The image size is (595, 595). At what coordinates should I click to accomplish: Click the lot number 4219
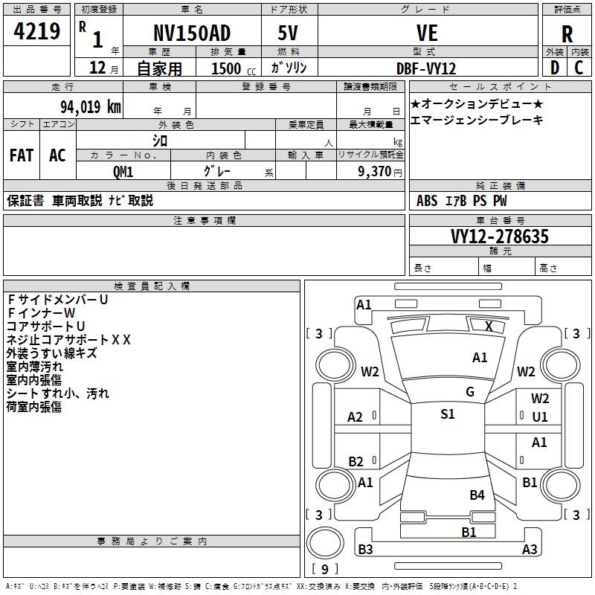pos(36,31)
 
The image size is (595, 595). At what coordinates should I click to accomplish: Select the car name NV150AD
pos(192,33)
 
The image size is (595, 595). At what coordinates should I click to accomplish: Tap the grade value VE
pos(427,33)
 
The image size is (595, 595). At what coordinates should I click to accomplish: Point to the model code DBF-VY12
pos(426,68)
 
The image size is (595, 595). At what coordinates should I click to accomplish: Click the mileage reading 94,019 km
pos(91,106)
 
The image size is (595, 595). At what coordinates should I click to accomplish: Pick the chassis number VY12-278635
pos(500,237)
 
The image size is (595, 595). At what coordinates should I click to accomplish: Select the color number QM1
pos(123,172)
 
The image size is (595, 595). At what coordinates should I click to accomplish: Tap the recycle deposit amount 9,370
pos(375,171)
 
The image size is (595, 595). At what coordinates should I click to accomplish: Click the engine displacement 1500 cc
pos(234,68)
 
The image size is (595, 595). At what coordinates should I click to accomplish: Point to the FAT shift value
pos(22,155)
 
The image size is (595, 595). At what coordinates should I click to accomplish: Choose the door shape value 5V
pos(288,33)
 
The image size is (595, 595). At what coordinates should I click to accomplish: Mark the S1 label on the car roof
pos(448,414)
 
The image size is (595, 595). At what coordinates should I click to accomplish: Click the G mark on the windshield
pos(470,392)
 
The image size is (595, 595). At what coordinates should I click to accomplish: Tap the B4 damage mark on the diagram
pos(477,495)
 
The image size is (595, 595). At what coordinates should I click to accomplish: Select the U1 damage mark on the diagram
pos(540,417)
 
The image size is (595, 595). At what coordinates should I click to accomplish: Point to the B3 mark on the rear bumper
pos(365,549)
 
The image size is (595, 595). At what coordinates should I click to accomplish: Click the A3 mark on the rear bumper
pos(530,549)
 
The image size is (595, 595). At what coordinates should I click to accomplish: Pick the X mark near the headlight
pos(489,327)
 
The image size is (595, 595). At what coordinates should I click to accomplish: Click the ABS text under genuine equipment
pos(427,201)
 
